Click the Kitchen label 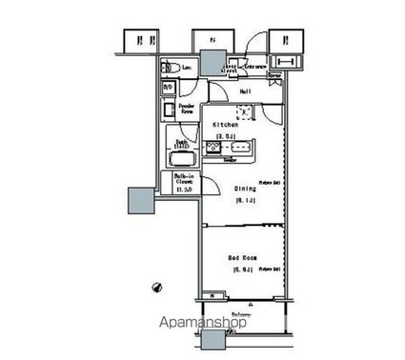225,125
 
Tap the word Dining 245,189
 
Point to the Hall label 245,92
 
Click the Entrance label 255,67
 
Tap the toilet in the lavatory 168,67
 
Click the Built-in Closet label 185,181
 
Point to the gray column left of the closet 139,200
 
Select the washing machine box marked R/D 168,89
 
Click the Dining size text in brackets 244,200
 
